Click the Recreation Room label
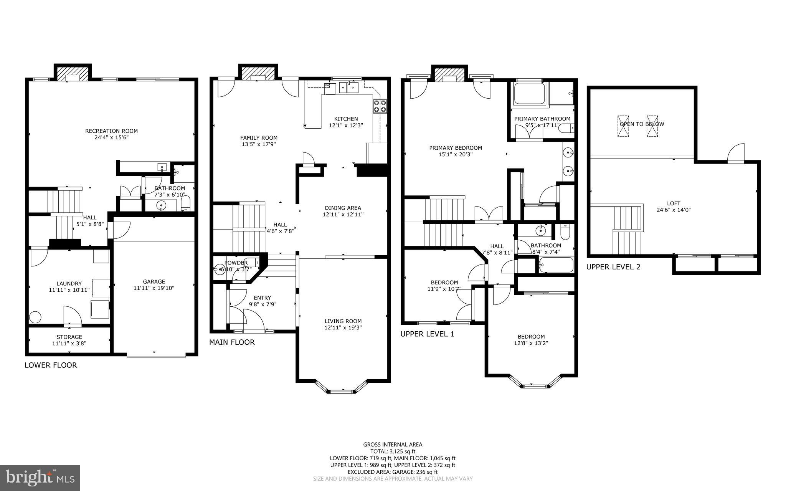click(x=111, y=131)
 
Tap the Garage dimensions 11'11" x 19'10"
click(x=154, y=288)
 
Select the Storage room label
click(x=69, y=337)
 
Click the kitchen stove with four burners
click(x=380, y=106)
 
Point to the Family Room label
click(x=259, y=138)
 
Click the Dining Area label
click(x=343, y=208)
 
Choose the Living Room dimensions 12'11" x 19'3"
click(x=343, y=328)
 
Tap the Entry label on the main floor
click(x=262, y=298)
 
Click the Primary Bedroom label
click(x=455, y=148)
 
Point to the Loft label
click(x=674, y=203)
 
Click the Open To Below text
click(x=642, y=124)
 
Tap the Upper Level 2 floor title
click(x=613, y=267)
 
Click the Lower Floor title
click(x=51, y=365)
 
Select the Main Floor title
click(x=231, y=342)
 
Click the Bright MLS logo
click(x=40, y=478)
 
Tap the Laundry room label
click(x=69, y=284)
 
